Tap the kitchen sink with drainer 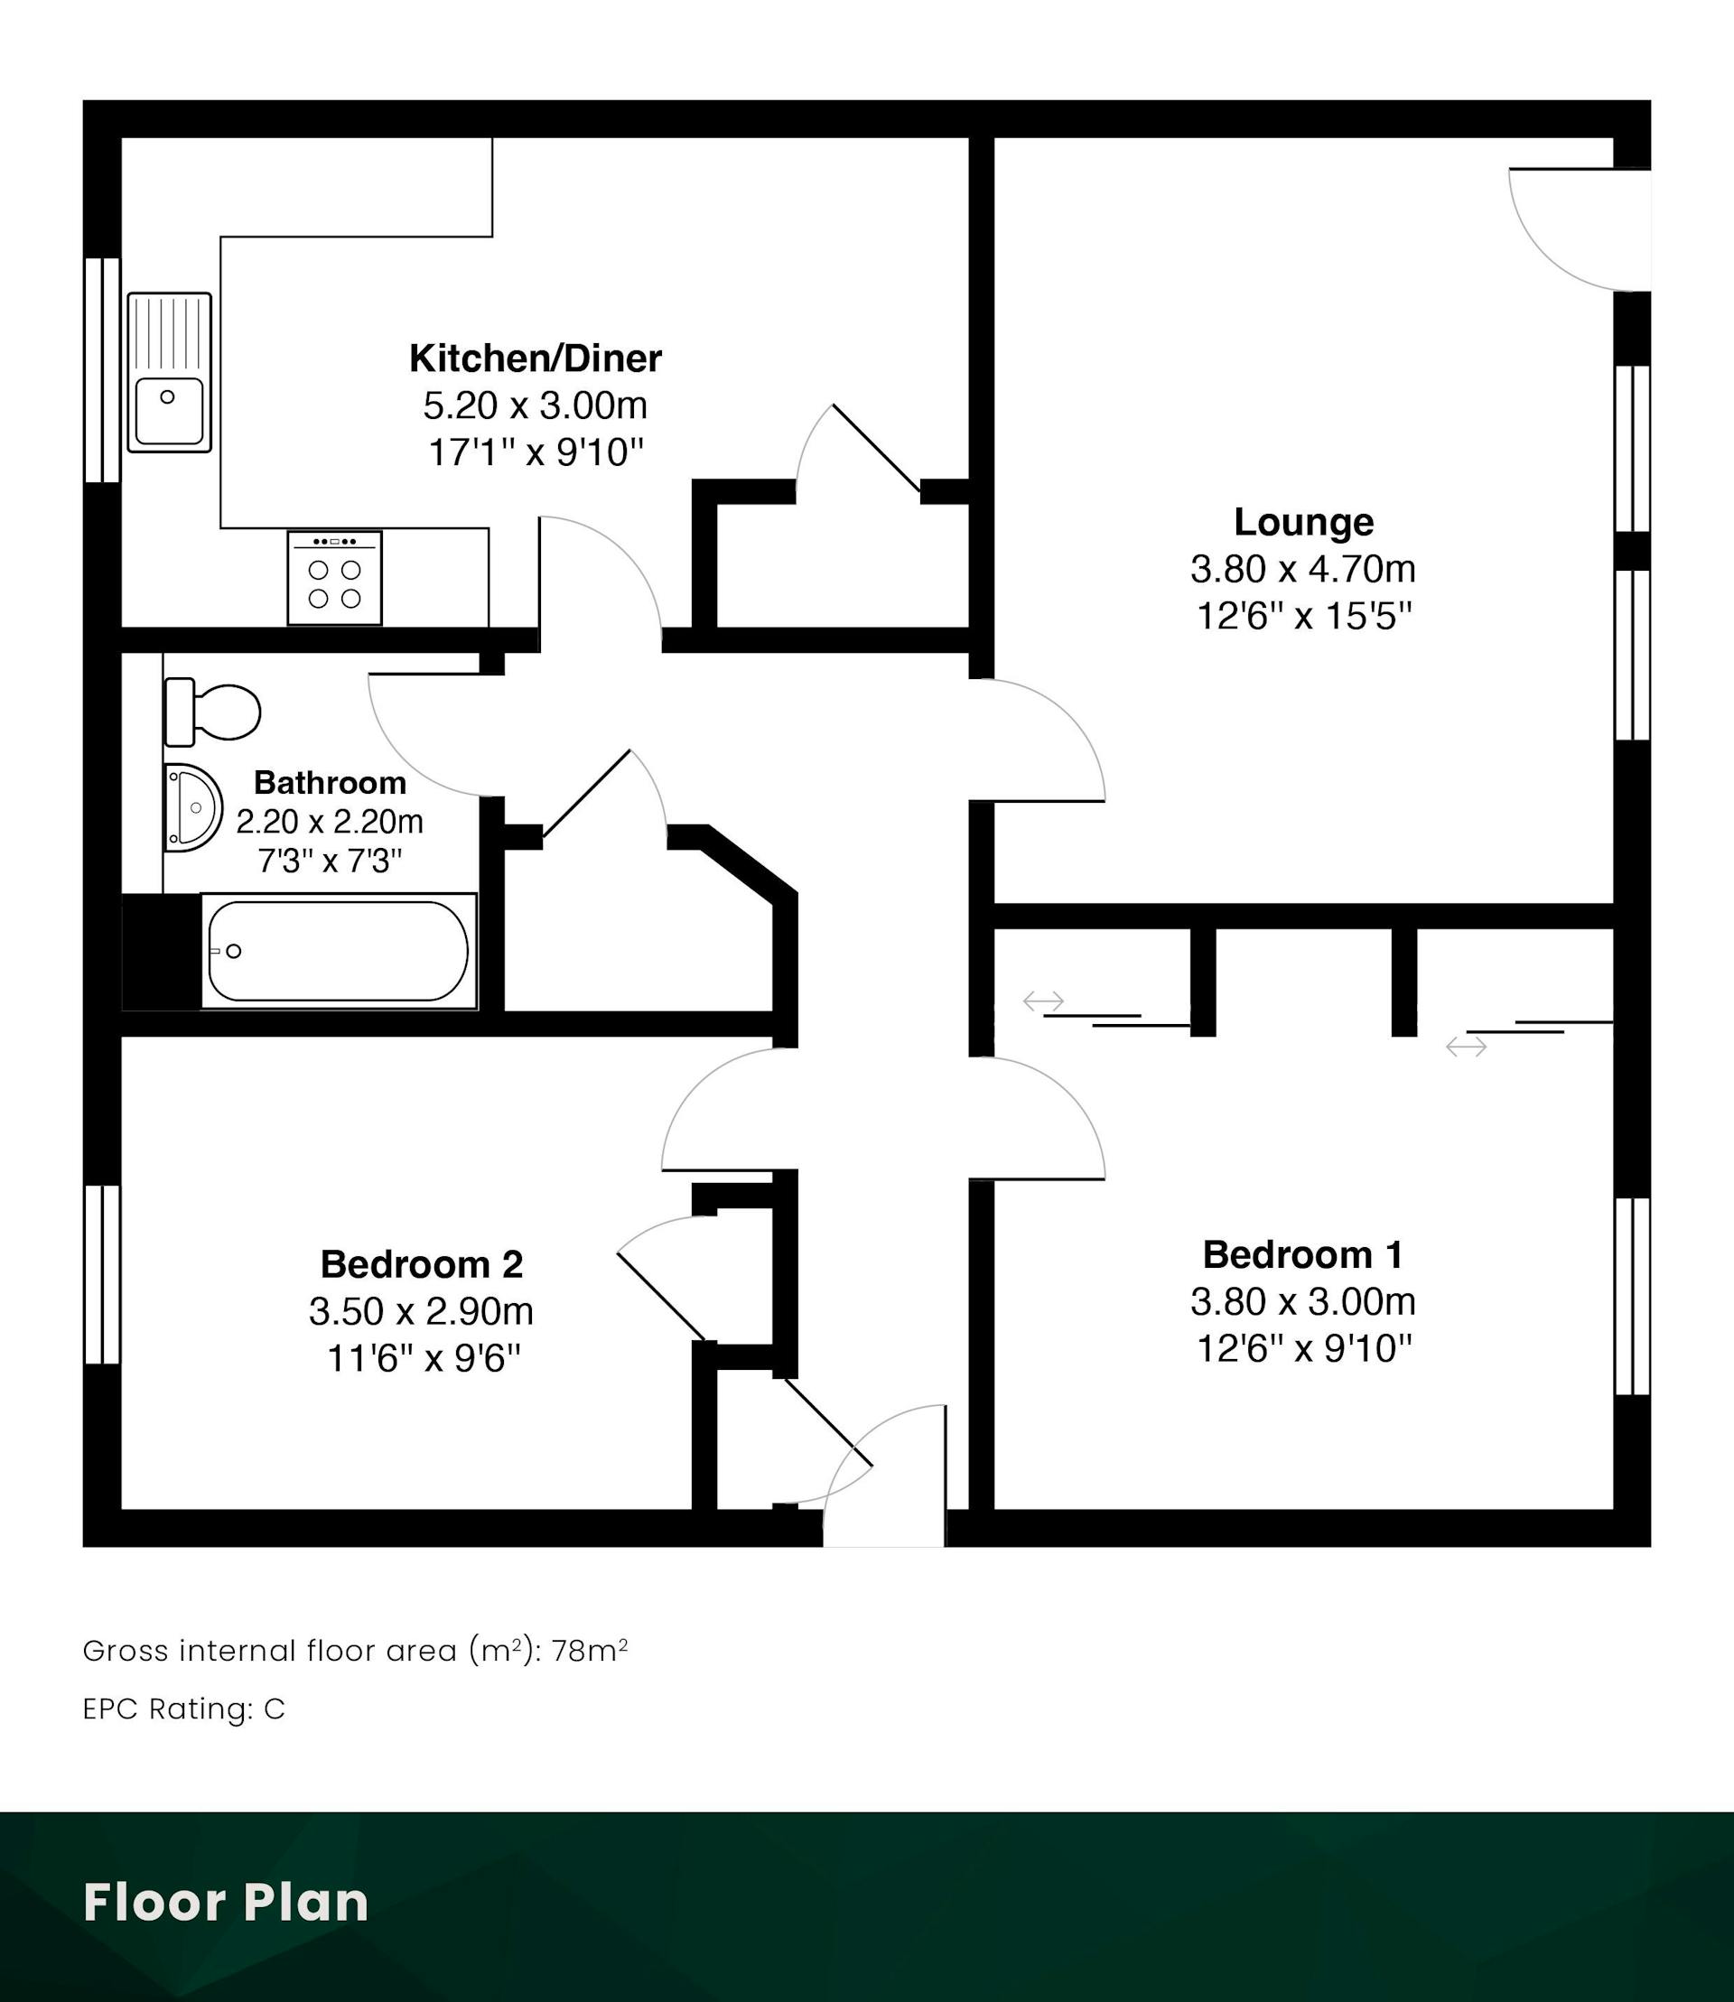point(170,373)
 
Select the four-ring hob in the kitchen point(335,578)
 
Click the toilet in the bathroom point(212,712)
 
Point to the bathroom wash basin point(192,808)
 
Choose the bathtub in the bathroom point(339,951)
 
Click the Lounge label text point(1303,522)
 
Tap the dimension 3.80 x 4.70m point(1303,569)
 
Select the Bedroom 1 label point(1302,1254)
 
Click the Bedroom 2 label point(422,1263)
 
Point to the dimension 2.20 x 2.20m point(330,822)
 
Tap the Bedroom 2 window point(103,1274)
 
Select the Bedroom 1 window point(1633,1297)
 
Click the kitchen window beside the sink point(103,369)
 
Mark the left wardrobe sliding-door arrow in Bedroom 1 point(1043,1001)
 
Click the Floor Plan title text point(227,1903)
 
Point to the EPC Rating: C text point(184,1709)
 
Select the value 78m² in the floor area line point(589,1651)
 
